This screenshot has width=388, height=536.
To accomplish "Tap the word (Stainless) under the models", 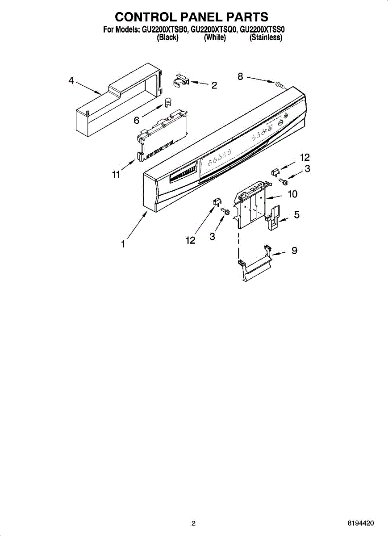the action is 266,38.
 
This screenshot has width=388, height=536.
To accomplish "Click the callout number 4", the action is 71,80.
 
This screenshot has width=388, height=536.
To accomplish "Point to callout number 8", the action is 240,77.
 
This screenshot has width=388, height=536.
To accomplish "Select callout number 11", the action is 116,175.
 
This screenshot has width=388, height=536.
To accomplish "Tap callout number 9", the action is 294,251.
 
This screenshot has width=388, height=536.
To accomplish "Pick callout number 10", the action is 292,194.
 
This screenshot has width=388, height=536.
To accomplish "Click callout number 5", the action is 296,215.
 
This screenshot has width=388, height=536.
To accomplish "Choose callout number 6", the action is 137,120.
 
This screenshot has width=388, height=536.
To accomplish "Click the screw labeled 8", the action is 280,84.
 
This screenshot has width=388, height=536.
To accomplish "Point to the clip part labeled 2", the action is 180,80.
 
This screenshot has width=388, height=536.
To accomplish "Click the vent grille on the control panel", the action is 183,174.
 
